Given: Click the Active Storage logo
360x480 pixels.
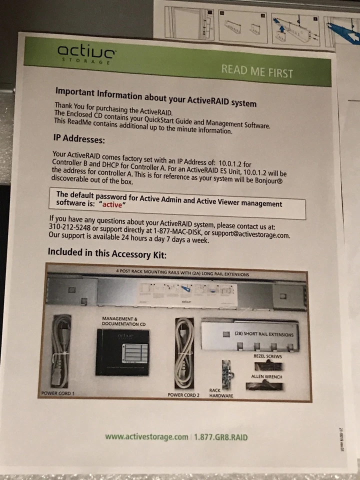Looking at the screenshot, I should [87, 53].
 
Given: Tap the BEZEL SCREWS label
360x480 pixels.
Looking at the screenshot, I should [267, 356].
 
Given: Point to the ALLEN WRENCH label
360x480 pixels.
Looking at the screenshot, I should [267, 376].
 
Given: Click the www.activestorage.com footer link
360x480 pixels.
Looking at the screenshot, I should [146, 436].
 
